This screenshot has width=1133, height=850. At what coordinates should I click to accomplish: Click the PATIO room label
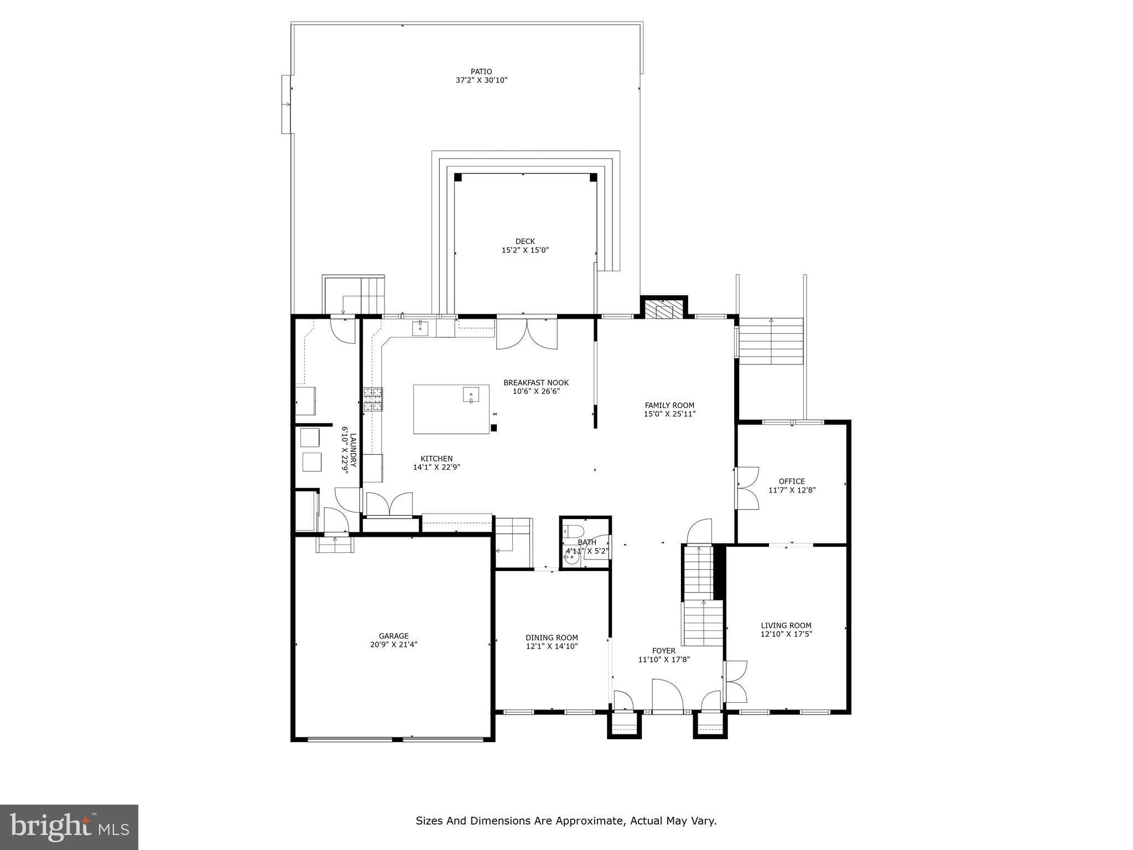tap(481, 71)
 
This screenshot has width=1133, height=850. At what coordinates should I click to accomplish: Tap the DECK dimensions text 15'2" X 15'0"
tap(524, 250)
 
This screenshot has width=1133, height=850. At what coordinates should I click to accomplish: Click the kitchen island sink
tap(471, 395)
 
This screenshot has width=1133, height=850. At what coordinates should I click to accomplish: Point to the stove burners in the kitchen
tap(373, 399)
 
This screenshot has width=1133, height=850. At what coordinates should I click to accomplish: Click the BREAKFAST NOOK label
tap(536, 382)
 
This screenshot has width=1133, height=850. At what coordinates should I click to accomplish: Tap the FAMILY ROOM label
tap(669, 405)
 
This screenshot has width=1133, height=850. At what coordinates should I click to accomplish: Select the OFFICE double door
tap(747, 488)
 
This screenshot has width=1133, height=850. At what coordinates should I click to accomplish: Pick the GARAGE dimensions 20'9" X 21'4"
tap(393, 645)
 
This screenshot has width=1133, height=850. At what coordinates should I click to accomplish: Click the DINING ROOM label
tap(552, 637)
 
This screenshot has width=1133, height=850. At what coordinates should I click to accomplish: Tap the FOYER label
tap(663, 651)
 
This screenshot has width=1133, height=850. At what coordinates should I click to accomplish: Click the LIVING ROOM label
tap(786, 625)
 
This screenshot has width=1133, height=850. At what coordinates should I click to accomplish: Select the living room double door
tap(736, 681)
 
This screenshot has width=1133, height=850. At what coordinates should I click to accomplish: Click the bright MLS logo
tap(69, 827)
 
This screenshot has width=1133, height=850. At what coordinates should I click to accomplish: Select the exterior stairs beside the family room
tap(771, 341)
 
